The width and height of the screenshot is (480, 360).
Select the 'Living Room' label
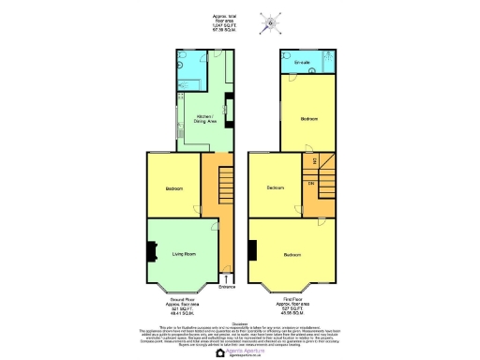183,254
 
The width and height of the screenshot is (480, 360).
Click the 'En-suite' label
301,63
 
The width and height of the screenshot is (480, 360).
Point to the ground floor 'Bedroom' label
174,188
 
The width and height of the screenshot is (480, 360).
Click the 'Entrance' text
226,287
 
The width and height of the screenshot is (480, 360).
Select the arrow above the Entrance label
226,278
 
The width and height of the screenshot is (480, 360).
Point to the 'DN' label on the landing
311,182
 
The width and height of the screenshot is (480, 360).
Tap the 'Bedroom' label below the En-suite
308,120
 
